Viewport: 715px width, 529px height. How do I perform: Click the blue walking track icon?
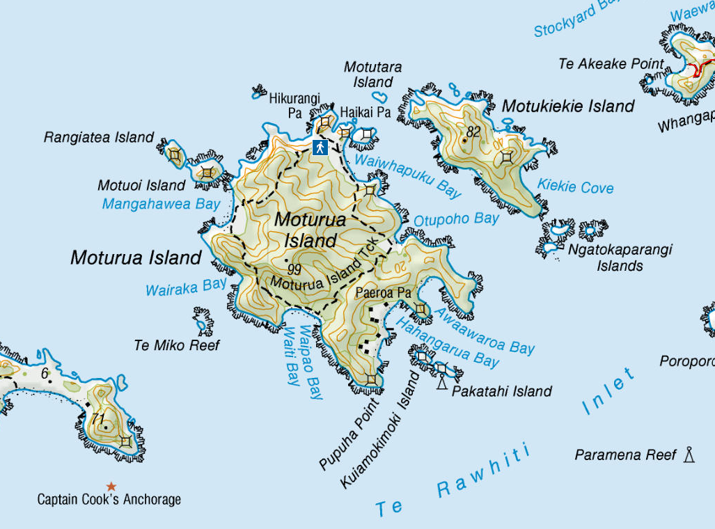coord(320,147)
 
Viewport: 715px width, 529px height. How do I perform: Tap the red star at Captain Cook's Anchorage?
coord(111,486)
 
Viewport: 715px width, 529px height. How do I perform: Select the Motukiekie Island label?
coord(568,106)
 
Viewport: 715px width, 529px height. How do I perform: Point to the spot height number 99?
coord(293,268)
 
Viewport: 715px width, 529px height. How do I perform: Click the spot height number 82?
coord(474,132)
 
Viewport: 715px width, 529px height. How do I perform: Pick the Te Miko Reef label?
coord(177,345)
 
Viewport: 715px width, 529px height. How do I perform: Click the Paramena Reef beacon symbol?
coord(689,455)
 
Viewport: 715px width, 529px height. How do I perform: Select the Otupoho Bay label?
coord(456,219)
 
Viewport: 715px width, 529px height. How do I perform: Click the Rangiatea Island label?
coord(98,137)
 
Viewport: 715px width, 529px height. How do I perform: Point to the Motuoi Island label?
coord(141,185)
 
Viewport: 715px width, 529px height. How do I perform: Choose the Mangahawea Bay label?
coord(161,204)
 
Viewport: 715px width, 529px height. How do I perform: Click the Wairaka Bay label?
coord(186,287)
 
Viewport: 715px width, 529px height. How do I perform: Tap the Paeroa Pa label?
coord(383,293)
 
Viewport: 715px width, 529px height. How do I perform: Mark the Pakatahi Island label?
coord(501,391)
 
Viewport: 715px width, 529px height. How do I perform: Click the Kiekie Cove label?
coord(575,187)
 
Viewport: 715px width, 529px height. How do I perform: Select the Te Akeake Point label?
coord(611,64)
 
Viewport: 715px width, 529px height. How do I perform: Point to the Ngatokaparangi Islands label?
coord(620,258)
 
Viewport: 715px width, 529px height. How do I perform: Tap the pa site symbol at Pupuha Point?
coord(372,379)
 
